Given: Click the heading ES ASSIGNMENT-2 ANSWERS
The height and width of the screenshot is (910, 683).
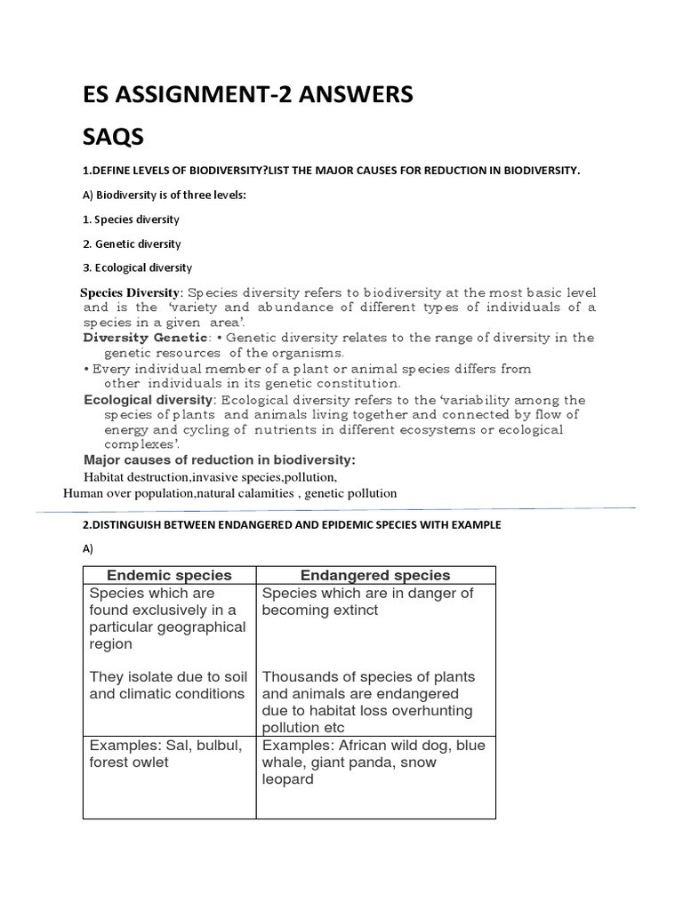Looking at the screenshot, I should click(247, 94).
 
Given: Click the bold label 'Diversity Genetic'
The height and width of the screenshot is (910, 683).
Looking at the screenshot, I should click(145, 338).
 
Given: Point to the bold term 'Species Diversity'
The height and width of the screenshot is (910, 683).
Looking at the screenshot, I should click(131, 292).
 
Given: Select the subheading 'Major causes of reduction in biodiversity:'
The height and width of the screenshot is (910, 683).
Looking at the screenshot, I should click(219, 459).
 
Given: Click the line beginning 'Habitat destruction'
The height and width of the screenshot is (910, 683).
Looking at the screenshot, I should click(210, 476).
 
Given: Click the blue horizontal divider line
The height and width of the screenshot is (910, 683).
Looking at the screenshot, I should click(338, 509).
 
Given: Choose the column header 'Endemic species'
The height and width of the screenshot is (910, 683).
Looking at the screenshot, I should click(169, 575).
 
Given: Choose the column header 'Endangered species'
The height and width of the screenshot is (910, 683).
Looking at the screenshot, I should click(375, 575).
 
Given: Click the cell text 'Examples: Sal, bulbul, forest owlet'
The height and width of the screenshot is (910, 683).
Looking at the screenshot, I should click(165, 754).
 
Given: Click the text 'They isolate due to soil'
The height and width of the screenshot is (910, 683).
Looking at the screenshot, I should click(168, 677).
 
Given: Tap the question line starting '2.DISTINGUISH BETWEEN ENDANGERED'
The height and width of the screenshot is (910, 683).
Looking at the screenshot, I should click(292, 525).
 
